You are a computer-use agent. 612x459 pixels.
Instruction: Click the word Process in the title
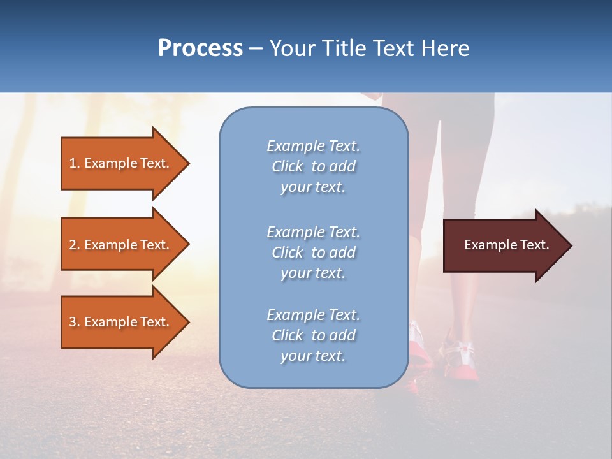(200, 48)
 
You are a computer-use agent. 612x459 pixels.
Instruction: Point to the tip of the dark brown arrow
(570, 245)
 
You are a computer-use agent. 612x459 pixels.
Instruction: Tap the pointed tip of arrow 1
(187, 163)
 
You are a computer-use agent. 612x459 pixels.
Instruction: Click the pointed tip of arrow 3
(187, 322)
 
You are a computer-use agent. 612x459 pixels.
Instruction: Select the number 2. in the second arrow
(75, 245)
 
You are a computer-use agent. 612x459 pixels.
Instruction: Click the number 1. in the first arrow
(75, 163)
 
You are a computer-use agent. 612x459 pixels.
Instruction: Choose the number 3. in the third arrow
(75, 322)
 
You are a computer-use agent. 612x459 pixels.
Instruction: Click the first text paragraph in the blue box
(313, 166)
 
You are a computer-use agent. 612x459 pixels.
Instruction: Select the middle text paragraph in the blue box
(313, 252)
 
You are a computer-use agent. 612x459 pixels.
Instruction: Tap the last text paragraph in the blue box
(313, 335)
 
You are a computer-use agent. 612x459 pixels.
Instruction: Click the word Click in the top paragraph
(288, 166)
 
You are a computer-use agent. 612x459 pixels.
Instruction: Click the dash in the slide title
(256, 48)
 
